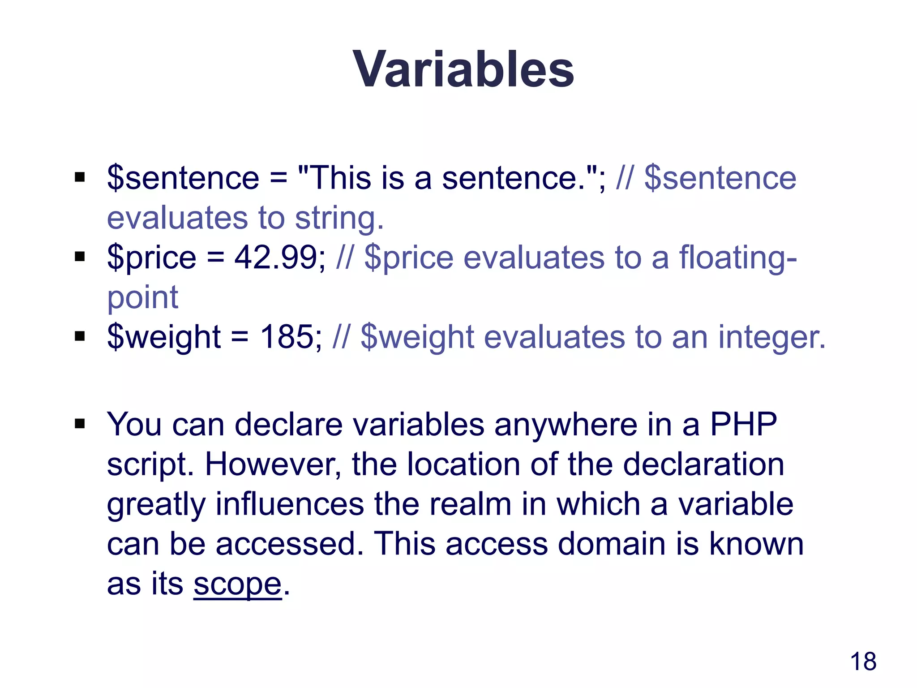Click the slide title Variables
click(x=463, y=69)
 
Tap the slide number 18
click(x=863, y=662)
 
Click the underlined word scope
click(x=237, y=584)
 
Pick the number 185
click(x=287, y=337)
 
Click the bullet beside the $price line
click(x=80, y=257)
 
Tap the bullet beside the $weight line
click(x=80, y=336)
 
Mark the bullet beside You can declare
click(x=80, y=424)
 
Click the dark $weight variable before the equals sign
click(x=163, y=337)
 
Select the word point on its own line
click(x=142, y=297)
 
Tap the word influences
click(x=290, y=504)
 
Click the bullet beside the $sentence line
click(x=80, y=178)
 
